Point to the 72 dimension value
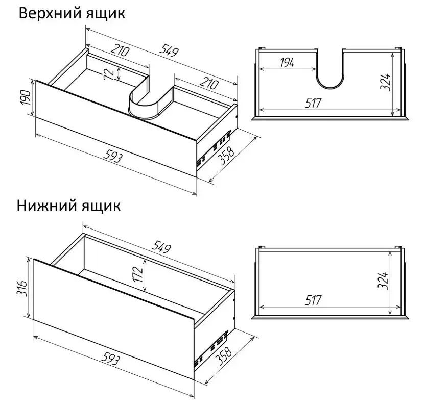(109, 74)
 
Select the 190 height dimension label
(26, 98)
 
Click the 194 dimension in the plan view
(287, 63)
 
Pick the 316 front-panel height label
(23, 288)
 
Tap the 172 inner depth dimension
(138, 274)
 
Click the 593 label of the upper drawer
(113, 157)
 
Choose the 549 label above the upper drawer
(169, 50)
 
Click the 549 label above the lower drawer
(161, 247)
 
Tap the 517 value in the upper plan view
(313, 103)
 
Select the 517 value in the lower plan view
(313, 300)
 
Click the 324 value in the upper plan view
(385, 82)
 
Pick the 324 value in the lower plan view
(383, 280)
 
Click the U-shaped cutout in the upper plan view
(329, 87)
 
